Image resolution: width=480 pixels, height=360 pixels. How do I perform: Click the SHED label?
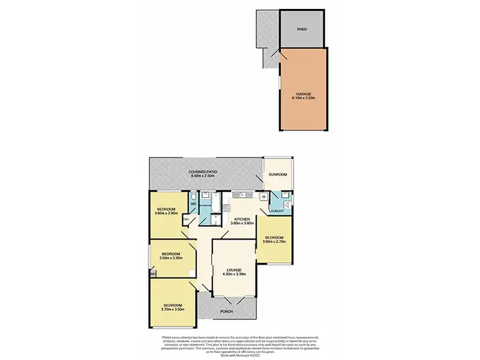tap(302, 29)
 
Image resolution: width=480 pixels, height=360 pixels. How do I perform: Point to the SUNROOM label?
tap(278, 174)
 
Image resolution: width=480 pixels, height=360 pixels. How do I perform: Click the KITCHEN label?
tap(243, 218)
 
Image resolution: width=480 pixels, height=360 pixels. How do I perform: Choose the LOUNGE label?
tap(234, 270)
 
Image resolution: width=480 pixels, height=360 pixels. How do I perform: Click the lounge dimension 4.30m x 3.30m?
tap(234, 274)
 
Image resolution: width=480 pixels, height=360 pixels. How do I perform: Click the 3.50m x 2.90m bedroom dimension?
tap(170, 258)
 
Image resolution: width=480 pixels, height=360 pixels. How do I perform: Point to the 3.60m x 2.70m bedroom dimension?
tap(273, 241)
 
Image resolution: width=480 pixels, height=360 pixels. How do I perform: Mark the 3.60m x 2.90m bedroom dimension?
tap(168, 213)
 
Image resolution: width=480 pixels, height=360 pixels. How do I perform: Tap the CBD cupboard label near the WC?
tap(186, 220)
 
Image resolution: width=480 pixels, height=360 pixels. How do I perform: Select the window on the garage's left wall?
tap(280, 83)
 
